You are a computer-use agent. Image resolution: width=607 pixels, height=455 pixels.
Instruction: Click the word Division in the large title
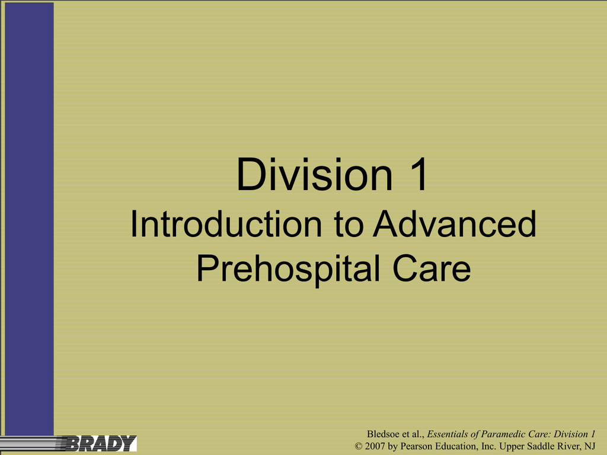coord(314,174)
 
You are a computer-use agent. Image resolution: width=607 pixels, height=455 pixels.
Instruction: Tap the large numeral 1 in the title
coord(418,174)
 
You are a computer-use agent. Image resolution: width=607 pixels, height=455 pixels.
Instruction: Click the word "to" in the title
coord(349,225)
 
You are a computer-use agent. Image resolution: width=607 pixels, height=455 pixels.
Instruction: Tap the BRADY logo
coord(101,443)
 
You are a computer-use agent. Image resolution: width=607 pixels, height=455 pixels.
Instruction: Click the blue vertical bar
coord(30,219)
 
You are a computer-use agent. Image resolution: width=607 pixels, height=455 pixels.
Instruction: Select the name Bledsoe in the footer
coord(384,434)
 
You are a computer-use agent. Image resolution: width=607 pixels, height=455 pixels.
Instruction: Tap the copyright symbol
coord(359,446)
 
